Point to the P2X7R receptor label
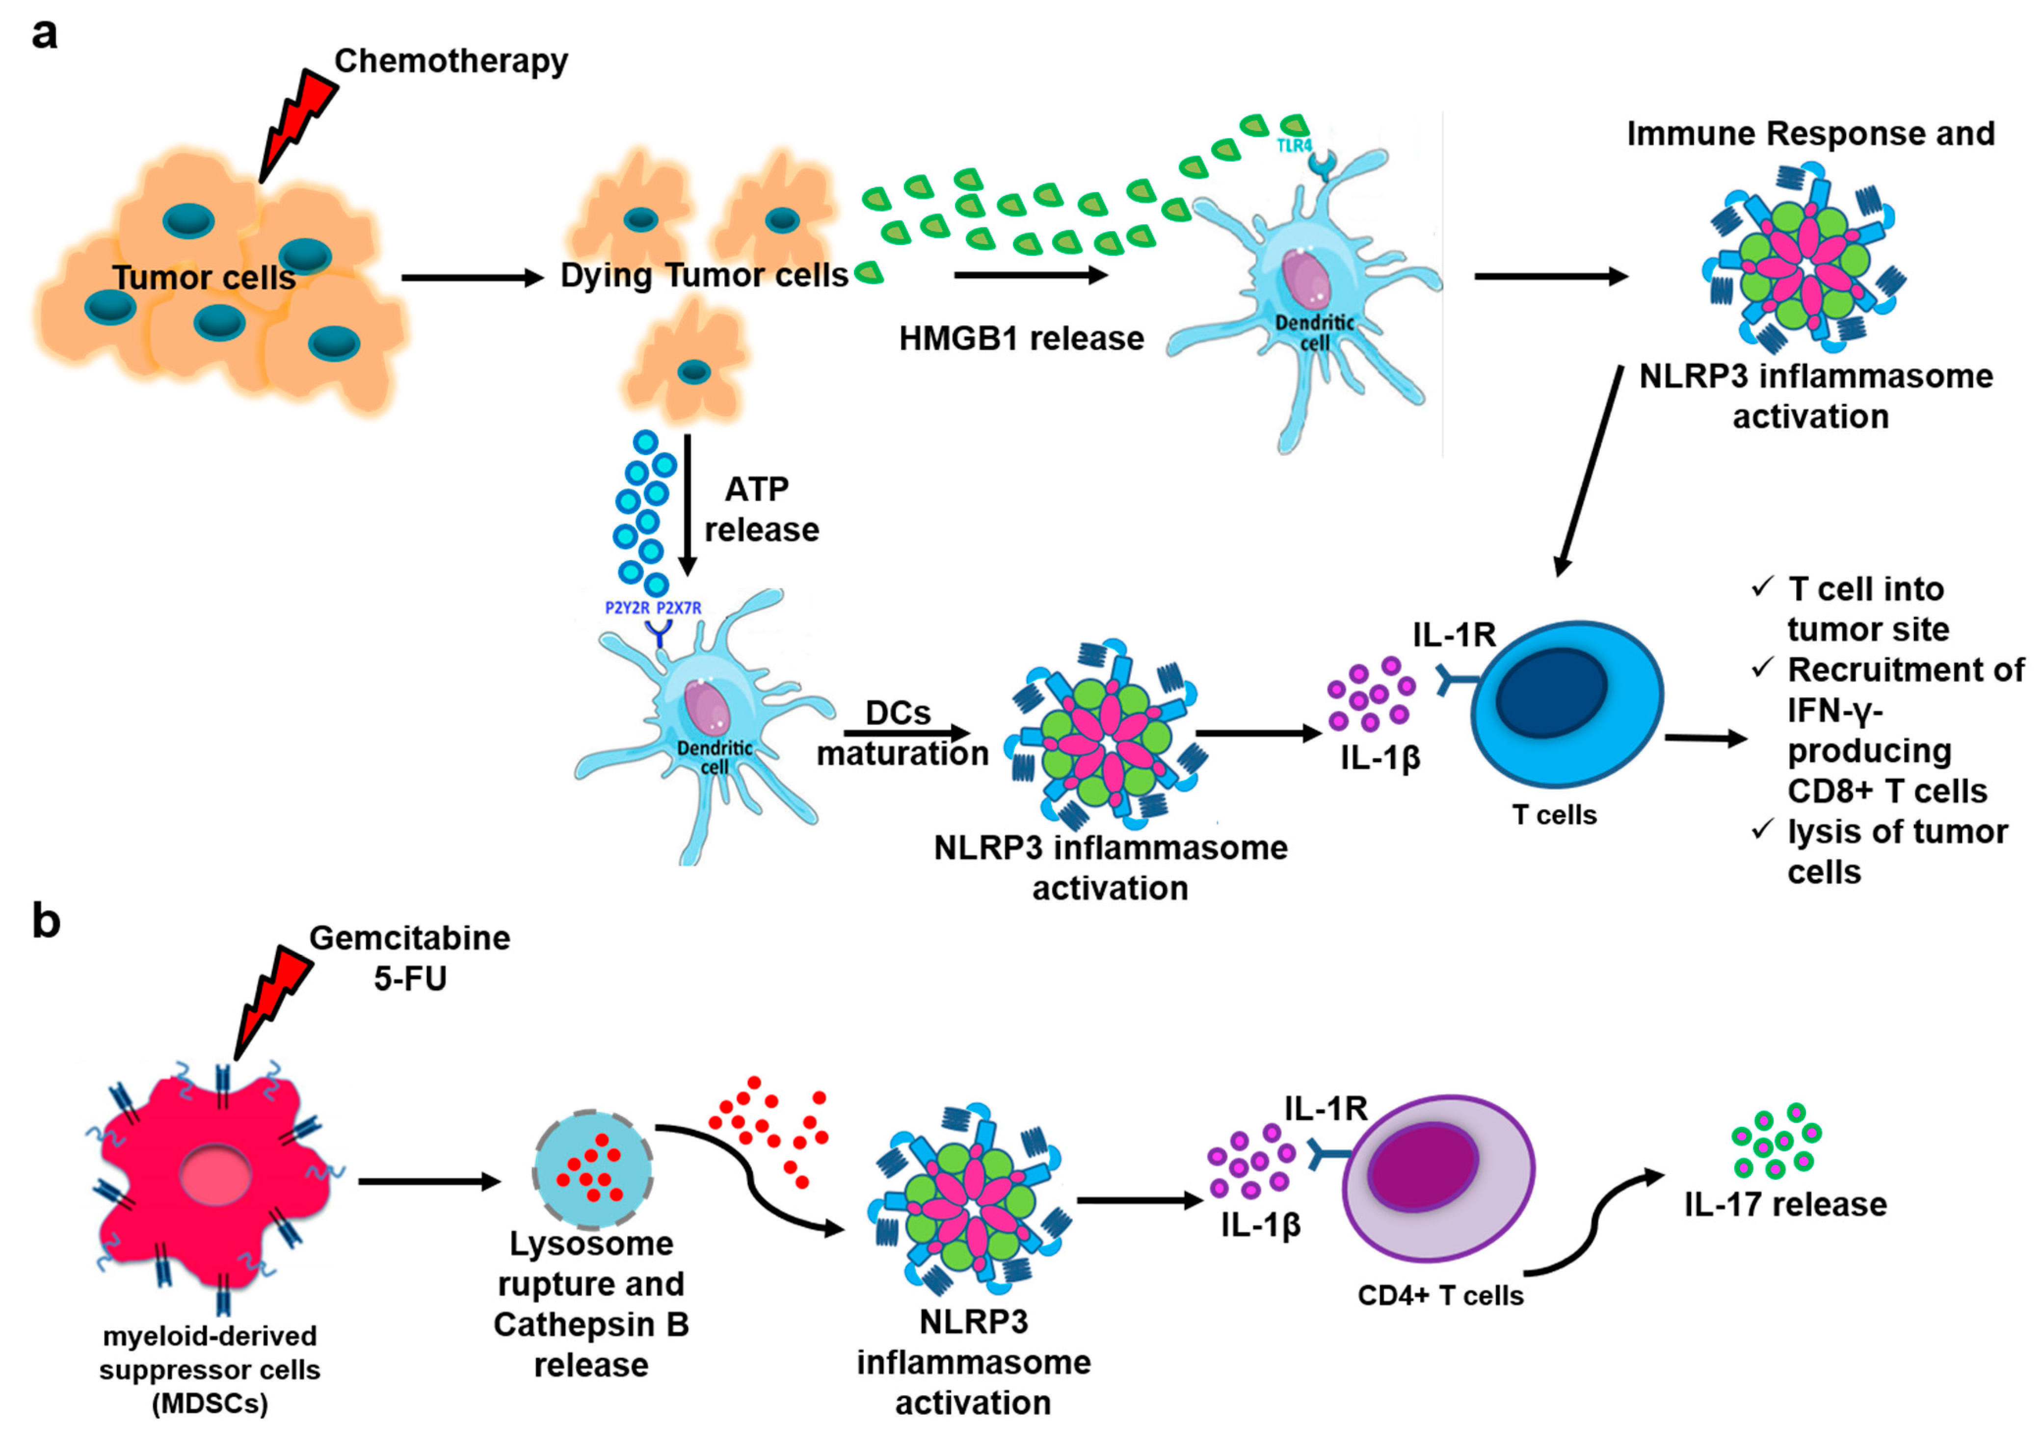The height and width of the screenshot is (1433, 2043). [x=678, y=608]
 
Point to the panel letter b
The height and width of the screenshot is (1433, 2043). [x=46, y=921]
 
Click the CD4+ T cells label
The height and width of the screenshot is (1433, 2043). [x=1440, y=1296]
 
